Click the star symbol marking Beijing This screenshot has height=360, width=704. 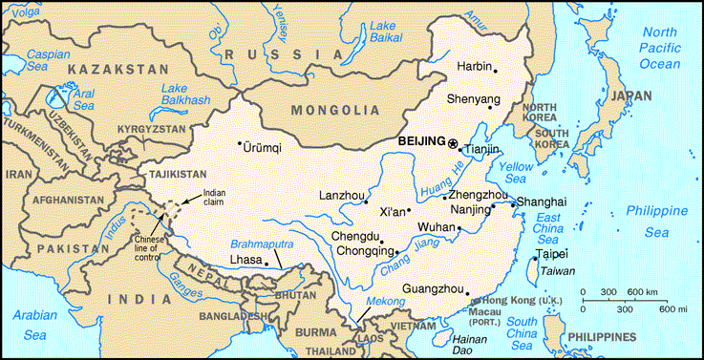point(453,143)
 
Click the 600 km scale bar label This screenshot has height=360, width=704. point(641,291)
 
